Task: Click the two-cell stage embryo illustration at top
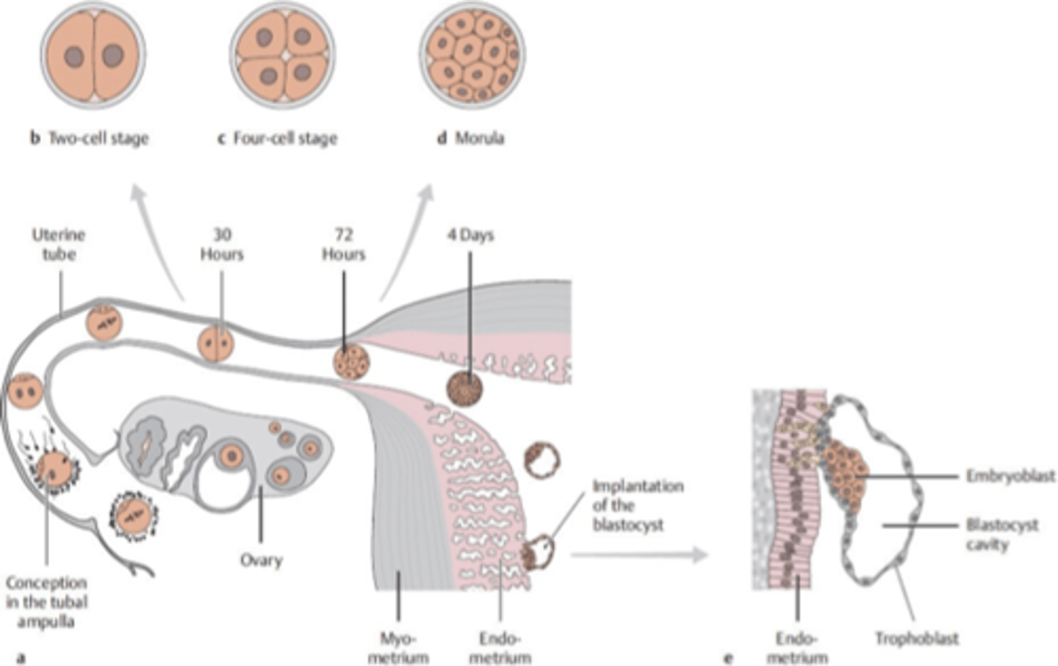pos(93,56)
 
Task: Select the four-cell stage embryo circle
pos(283,56)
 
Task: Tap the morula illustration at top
pos(472,56)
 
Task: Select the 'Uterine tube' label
pos(59,245)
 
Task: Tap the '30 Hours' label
pos(221,245)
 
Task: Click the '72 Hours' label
pos(343,245)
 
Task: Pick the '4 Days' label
pos(470,235)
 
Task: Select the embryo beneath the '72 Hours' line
pos(351,362)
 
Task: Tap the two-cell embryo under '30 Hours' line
pos(216,344)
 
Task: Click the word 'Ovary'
pos(261,560)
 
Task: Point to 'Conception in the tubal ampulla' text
pos(47,601)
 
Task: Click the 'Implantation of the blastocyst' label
pos(637,505)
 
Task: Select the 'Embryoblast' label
pos(1010,476)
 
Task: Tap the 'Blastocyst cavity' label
pos(1001,535)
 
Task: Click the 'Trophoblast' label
pos(916,638)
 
